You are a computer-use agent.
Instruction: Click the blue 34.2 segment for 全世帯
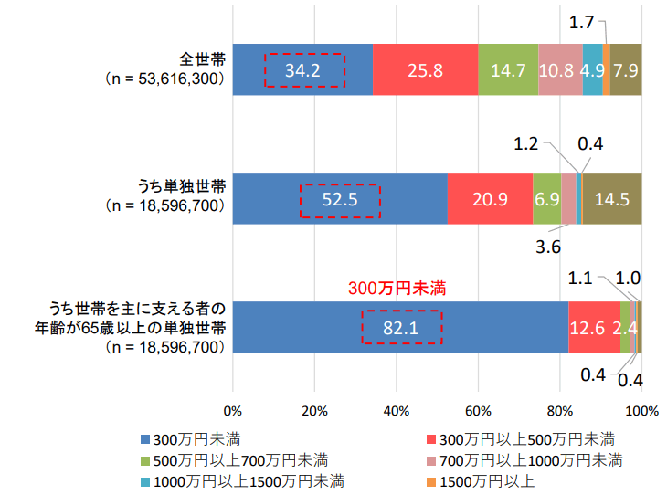(x=302, y=69)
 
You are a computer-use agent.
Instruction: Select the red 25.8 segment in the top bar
(x=425, y=69)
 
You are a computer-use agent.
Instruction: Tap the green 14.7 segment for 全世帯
(x=508, y=69)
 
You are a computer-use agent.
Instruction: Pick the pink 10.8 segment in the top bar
(x=560, y=69)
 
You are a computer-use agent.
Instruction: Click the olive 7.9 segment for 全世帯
(x=626, y=69)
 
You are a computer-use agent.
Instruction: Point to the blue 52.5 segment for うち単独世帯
(x=339, y=198)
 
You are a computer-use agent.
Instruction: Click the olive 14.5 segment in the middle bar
(x=611, y=198)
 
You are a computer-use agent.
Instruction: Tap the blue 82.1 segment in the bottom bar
(x=400, y=326)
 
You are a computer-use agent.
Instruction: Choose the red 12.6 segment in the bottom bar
(x=594, y=326)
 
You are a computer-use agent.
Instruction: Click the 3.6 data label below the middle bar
(x=547, y=246)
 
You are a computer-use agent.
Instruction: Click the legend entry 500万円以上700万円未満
(x=240, y=458)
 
